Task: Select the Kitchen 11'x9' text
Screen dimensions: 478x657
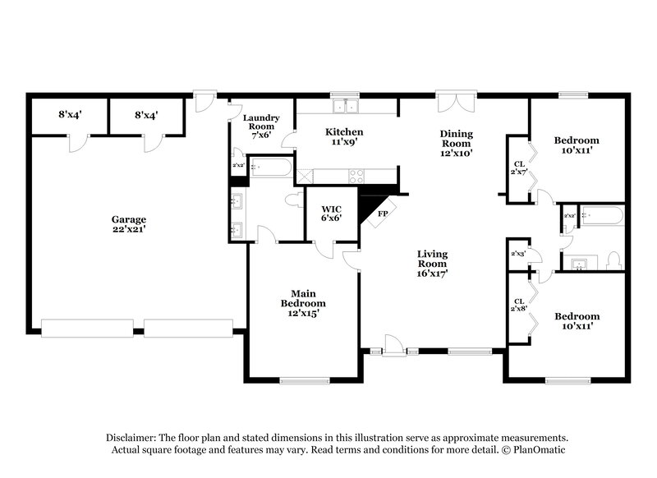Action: pyautogui.click(x=343, y=137)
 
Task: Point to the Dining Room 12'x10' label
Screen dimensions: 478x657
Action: pyautogui.click(x=456, y=143)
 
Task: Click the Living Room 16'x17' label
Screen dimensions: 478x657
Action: pyautogui.click(x=432, y=264)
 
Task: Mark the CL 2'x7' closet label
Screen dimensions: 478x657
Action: pyautogui.click(x=518, y=168)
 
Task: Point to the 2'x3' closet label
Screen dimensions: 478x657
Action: pyautogui.click(x=519, y=255)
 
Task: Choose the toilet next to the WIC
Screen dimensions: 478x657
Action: pyautogui.click(x=292, y=200)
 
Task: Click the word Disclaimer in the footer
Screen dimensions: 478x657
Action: pyautogui.click(x=134, y=438)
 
